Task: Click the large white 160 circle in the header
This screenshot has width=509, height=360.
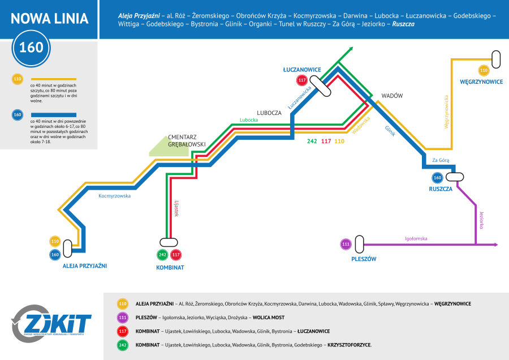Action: [x=31, y=47]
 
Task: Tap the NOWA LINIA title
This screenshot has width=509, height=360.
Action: [x=50, y=19]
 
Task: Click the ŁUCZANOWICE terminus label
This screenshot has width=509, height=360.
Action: [x=302, y=70]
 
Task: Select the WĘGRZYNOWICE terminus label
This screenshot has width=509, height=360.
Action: [x=481, y=82]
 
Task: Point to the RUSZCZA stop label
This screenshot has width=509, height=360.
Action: [x=441, y=189]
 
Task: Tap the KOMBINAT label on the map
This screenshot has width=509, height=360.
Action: [x=170, y=267]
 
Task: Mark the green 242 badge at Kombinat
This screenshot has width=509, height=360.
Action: [x=163, y=255]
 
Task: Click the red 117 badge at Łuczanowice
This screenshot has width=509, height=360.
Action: [x=301, y=80]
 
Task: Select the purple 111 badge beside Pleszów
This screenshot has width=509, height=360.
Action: [x=346, y=245]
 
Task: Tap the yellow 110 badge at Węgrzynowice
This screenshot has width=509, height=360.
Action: [x=484, y=71]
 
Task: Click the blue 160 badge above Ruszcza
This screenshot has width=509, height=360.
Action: [x=437, y=178]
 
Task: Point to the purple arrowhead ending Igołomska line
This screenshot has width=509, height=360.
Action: [x=495, y=245]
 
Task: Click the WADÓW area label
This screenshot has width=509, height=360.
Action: [x=392, y=96]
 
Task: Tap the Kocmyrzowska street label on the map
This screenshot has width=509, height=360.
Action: [x=114, y=196]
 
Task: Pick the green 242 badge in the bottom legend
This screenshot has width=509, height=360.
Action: [x=122, y=344]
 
